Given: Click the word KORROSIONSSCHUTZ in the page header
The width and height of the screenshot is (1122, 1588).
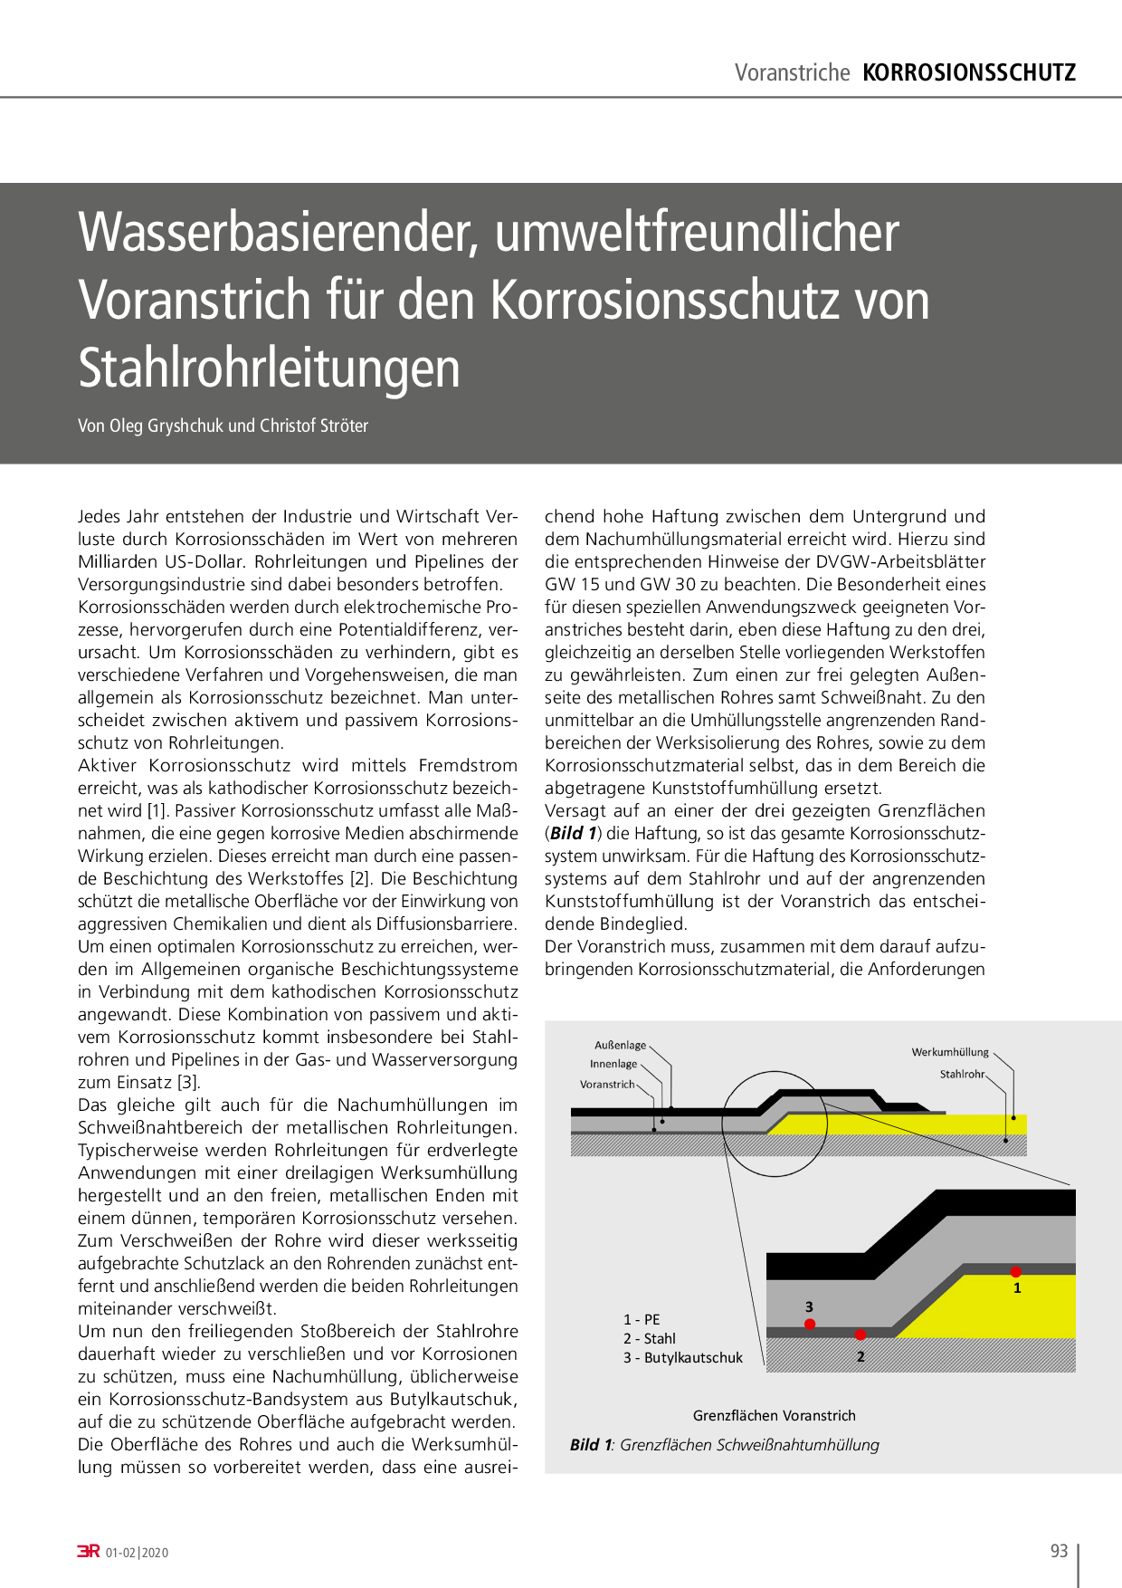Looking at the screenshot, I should (969, 72).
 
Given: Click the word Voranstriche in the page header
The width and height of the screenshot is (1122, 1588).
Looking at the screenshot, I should (792, 72).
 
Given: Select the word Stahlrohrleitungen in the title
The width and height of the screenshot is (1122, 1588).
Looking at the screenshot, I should (269, 368).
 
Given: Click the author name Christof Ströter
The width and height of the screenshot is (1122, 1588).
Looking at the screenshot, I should (314, 426).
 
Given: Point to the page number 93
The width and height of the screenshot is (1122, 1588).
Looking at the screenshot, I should (1059, 1551).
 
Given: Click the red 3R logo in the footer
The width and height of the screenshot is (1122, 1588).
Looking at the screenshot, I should (89, 1552).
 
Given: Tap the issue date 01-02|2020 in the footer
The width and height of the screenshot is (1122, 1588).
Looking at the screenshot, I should (138, 1553).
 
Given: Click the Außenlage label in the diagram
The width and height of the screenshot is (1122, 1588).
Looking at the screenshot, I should (620, 1045).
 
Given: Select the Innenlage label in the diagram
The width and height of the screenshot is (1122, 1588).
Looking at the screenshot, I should (613, 1064).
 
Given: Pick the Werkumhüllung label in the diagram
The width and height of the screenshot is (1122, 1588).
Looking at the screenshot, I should (950, 1052).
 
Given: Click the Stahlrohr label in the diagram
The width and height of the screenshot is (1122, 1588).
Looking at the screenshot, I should (962, 1074).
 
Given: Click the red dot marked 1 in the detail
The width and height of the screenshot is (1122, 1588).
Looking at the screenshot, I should (1016, 1272).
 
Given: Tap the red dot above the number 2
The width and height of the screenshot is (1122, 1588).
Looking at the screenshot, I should (861, 1334).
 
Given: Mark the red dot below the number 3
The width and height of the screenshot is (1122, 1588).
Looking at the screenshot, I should (810, 1324).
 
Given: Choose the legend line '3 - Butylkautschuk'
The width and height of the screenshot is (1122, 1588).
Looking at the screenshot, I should (682, 1358).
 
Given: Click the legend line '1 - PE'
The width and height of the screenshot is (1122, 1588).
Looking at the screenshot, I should (642, 1319).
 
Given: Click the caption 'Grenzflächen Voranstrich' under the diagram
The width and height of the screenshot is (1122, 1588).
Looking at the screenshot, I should (774, 1415).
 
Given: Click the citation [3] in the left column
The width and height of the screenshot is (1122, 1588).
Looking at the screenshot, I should (188, 1082).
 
